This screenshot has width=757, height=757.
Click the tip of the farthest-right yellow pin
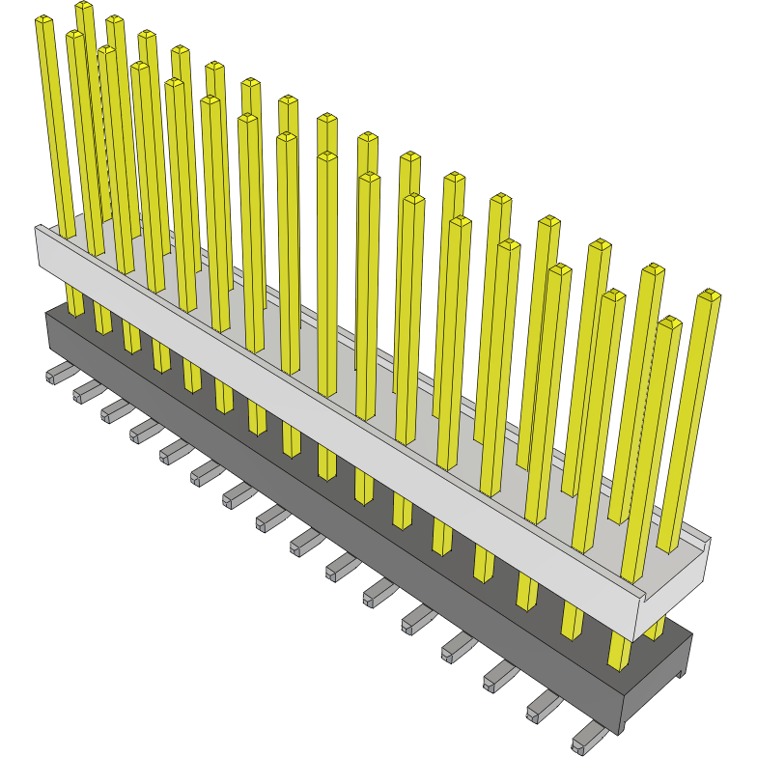pyautogui.click(x=710, y=294)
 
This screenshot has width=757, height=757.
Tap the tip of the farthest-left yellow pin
pyautogui.click(x=44, y=20)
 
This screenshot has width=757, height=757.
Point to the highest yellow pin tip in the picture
pyautogui.click(x=84, y=7)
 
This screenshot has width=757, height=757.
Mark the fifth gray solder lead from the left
pyautogui.click(x=175, y=448)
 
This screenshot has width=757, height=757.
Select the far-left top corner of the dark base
pyautogui.click(x=46, y=312)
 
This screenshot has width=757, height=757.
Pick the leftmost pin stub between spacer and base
pyautogui.click(x=74, y=300)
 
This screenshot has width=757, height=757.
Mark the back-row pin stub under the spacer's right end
pyautogui.click(x=656, y=628)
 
